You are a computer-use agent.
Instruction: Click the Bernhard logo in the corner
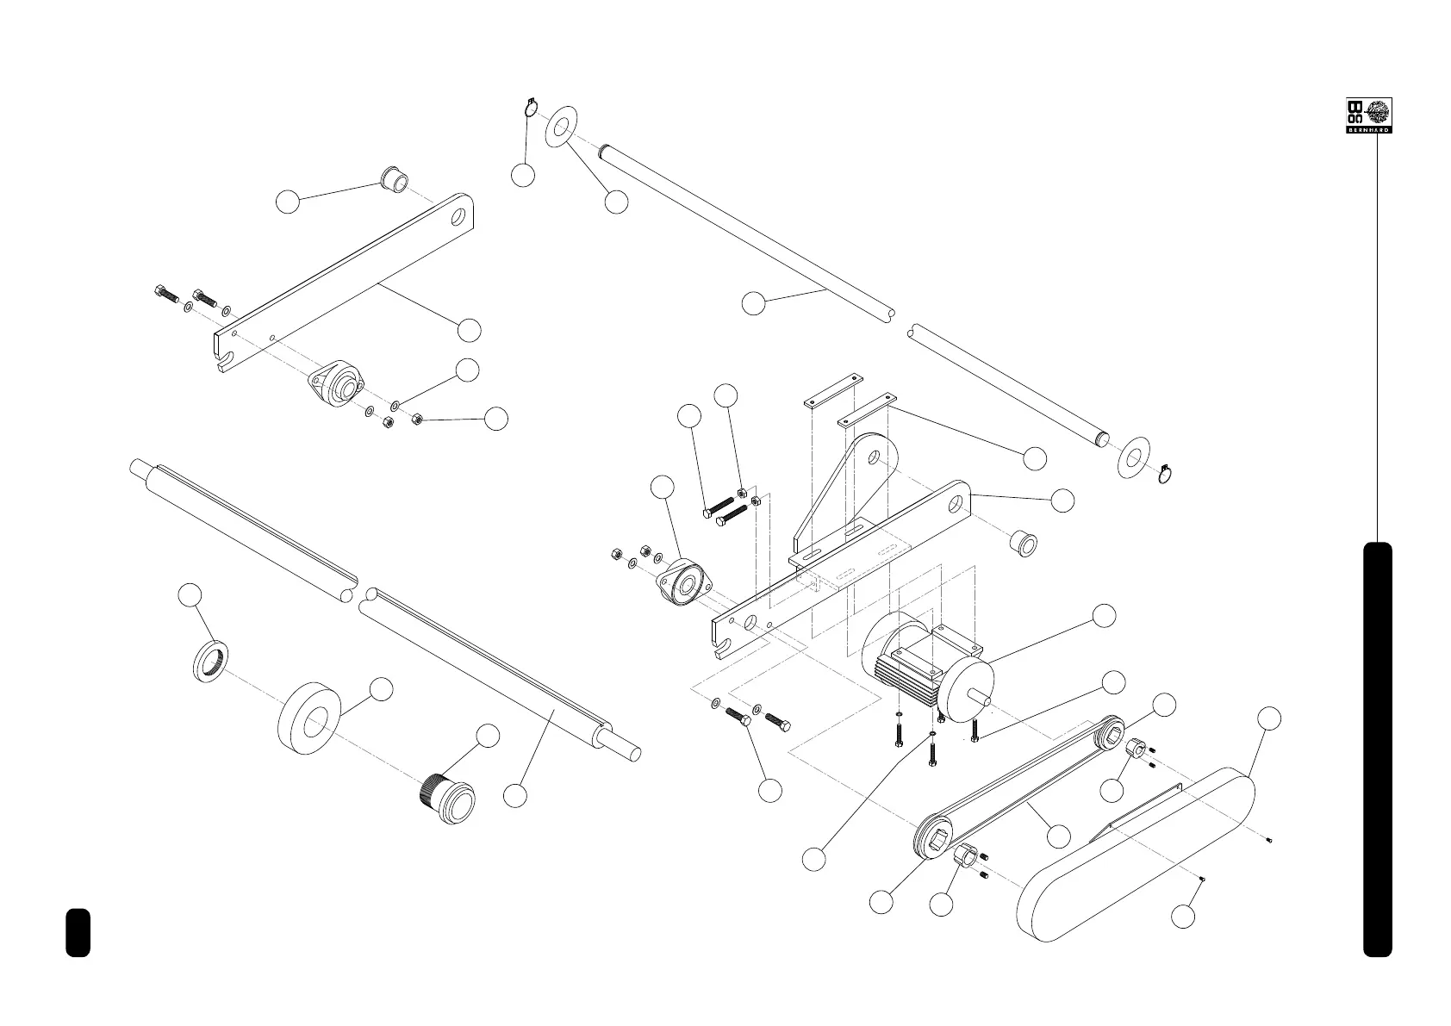[x=1369, y=115]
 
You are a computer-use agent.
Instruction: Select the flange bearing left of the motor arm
[x=684, y=585]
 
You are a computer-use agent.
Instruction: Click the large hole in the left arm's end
[x=459, y=216]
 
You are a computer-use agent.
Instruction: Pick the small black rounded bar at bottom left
[x=78, y=931]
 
